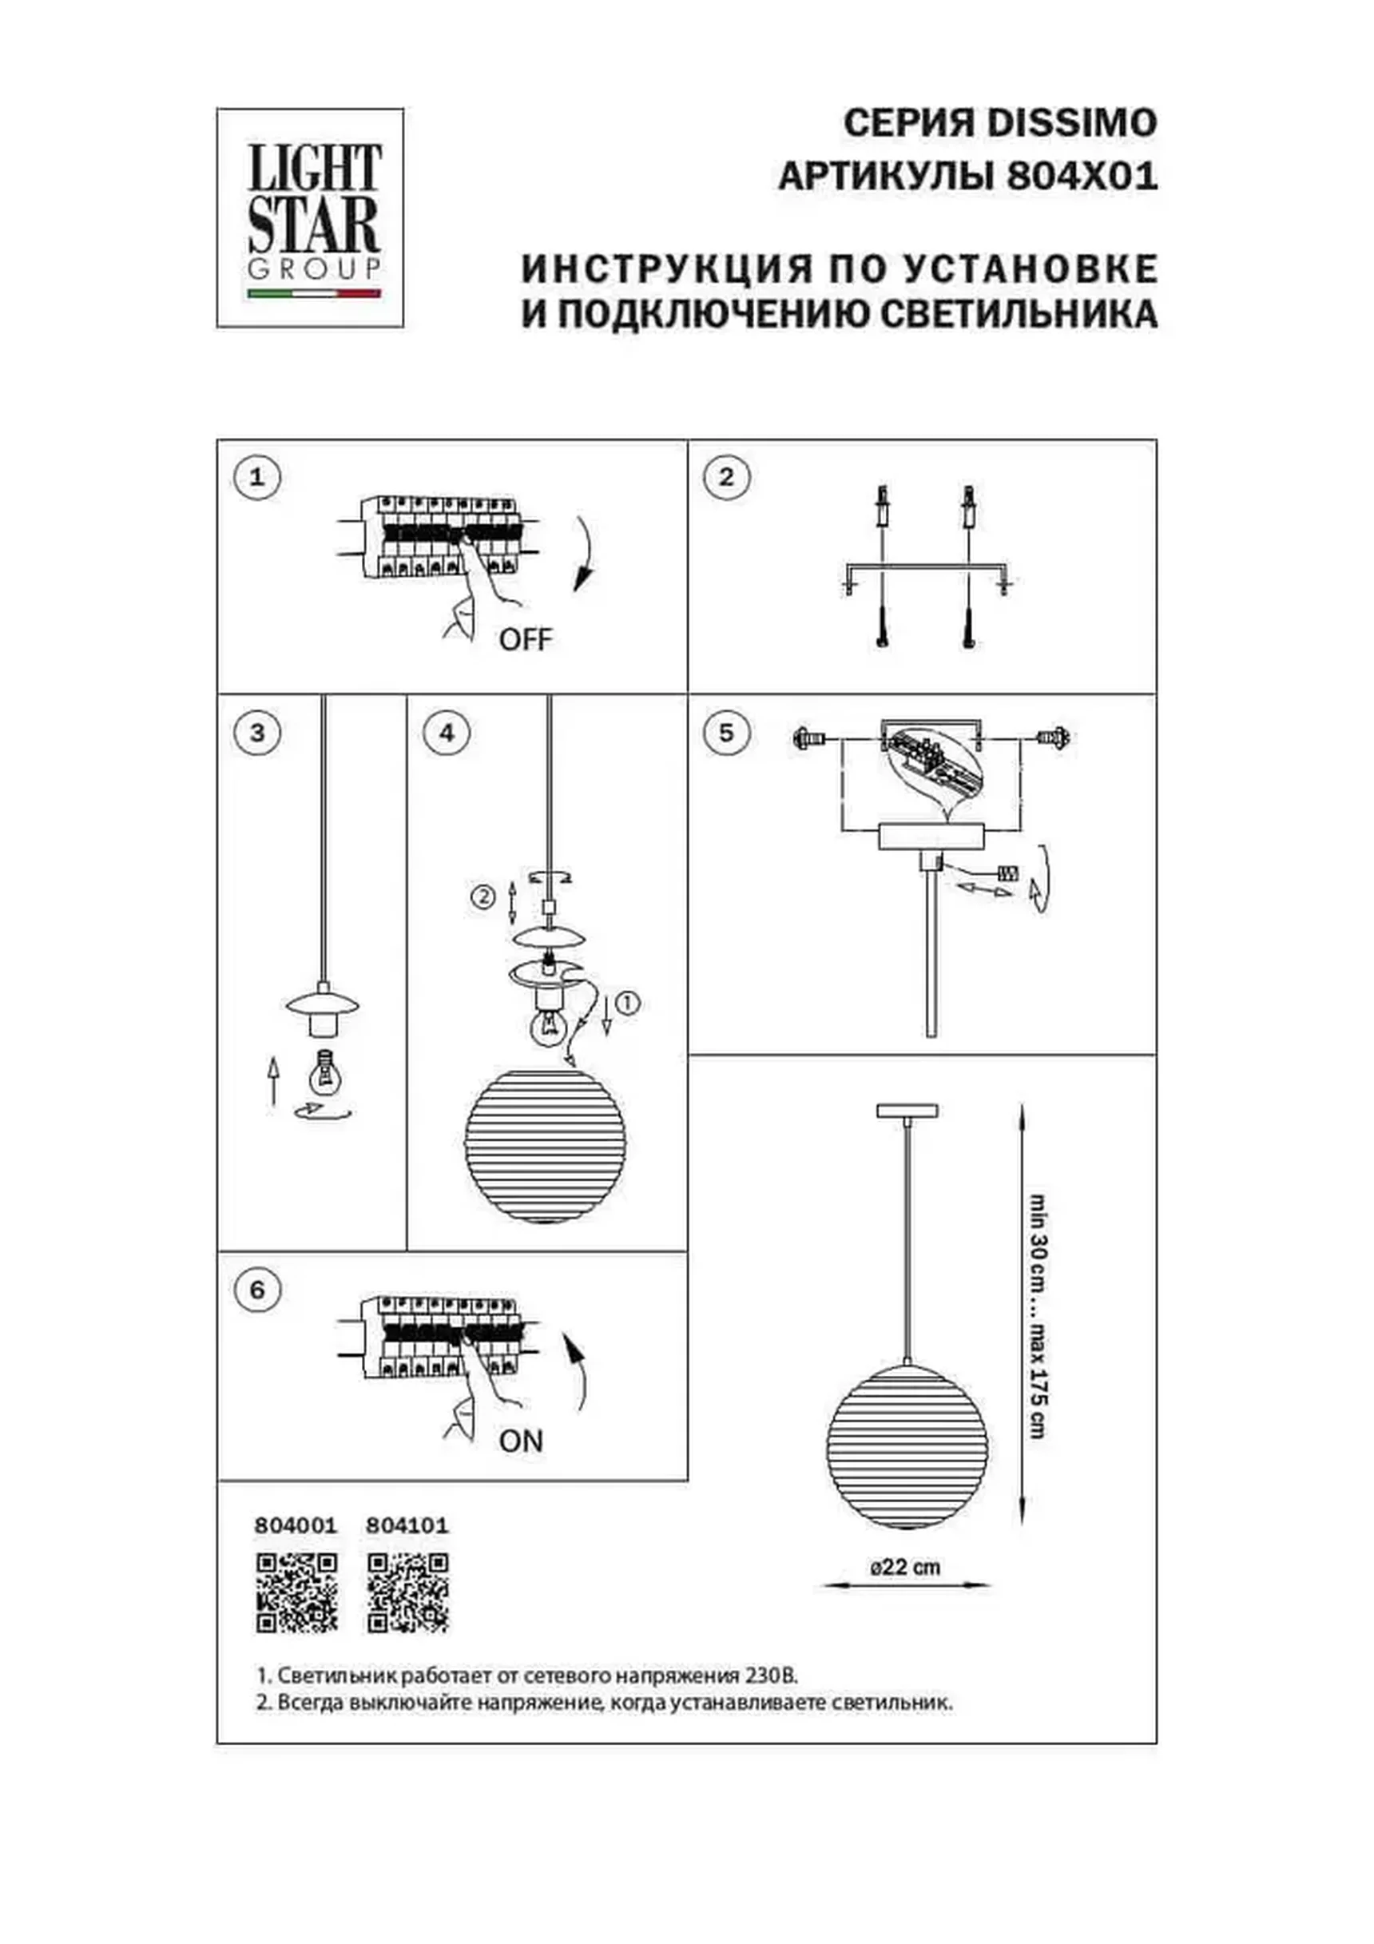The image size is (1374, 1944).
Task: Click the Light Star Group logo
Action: tap(310, 217)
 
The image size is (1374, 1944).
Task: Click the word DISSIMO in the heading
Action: tap(1073, 124)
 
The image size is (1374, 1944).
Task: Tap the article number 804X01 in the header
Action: tap(1081, 178)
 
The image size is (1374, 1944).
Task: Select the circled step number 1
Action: tap(257, 477)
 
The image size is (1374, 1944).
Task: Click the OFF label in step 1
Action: tap(525, 639)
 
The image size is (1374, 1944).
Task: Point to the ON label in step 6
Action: tap(521, 1440)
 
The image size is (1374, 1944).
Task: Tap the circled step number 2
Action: tap(726, 477)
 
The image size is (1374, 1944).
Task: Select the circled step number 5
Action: tap(726, 733)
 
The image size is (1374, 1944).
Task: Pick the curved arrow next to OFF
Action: tap(584, 555)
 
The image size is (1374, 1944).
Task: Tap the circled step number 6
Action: tap(257, 1290)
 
